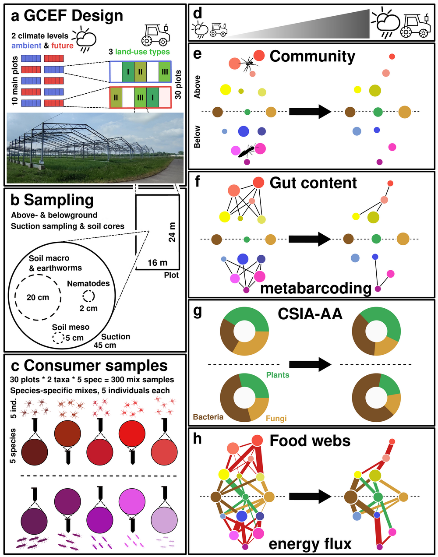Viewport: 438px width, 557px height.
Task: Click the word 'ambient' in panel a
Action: [26, 46]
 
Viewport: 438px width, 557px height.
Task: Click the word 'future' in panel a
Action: [62, 46]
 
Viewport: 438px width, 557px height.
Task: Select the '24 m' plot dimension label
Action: [172, 232]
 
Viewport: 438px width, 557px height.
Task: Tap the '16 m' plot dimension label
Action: [157, 263]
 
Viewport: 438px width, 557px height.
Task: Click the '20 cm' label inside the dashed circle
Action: [38, 297]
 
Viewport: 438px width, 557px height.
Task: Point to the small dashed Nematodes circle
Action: [88, 296]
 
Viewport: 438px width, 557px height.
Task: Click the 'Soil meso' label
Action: [71, 327]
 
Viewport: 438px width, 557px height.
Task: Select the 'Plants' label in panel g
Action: [278, 375]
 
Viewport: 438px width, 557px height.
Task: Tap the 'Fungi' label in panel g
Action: [276, 418]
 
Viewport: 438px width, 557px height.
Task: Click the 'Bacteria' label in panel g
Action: [208, 417]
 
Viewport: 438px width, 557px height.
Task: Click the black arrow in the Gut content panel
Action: [309, 239]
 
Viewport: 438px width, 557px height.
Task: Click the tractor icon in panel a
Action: [156, 34]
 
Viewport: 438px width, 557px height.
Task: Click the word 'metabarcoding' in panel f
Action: [316, 289]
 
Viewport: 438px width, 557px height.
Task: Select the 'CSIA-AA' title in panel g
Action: [310, 314]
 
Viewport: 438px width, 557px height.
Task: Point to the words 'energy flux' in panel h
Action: [310, 544]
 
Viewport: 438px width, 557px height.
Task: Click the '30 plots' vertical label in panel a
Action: [178, 85]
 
